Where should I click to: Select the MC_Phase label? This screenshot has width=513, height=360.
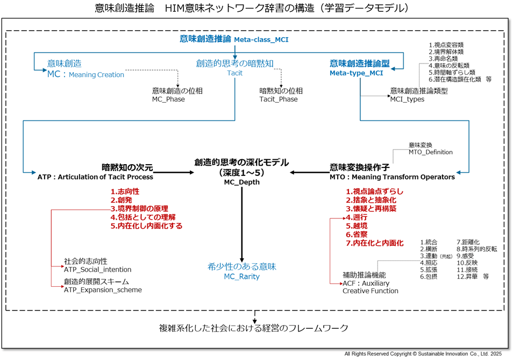pos(168,99)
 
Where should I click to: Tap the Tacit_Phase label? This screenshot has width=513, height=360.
pos(278,99)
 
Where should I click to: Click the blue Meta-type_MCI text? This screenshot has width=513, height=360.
pos(357,73)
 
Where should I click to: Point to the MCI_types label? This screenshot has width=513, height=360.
pos(407,99)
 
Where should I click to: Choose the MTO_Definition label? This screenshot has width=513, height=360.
pos(431,152)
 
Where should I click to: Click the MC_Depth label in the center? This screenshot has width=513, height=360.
pos(241,182)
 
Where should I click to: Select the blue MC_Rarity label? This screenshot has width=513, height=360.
pos(241,277)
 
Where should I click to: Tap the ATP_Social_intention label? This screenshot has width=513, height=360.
pos(97,269)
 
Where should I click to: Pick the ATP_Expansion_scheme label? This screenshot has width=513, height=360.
pos(103,290)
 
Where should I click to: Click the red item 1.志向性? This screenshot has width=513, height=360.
pos(125,192)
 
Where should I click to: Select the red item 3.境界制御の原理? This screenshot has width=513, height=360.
pos(139,209)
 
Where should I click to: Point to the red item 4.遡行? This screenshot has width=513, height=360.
pos(357,217)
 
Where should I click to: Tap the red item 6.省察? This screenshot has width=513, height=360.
pos(357,235)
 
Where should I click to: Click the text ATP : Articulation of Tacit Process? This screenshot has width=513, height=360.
pos(95,177)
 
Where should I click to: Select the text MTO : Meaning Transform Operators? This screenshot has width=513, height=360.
pos(392,177)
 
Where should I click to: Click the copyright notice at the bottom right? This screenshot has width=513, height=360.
pos(423,354)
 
